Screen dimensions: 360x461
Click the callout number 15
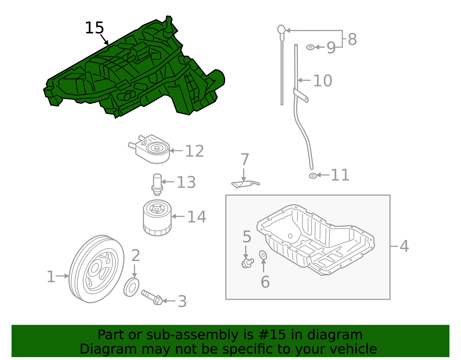pyautogui.click(x=94, y=28)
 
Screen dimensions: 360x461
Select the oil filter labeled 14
pyautogui.click(x=157, y=218)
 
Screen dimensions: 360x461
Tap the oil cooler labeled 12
pyautogui.click(x=153, y=149)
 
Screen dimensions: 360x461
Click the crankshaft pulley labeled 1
pyautogui.click(x=97, y=269)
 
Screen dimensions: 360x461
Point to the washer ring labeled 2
pyautogui.click(x=131, y=287)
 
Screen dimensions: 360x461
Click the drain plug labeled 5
pyautogui.click(x=247, y=263)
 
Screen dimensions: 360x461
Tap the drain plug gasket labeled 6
pyautogui.click(x=263, y=255)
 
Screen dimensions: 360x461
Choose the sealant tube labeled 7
pyautogui.click(x=245, y=184)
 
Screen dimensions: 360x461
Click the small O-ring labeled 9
pyautogui.click(x=310, y=47)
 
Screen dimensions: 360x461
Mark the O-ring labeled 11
pyautogui.click(x=313, y=176)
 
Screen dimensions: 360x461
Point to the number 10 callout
pyautogui.click(x=322, y=81)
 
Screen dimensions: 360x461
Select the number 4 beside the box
pyautogui.click(x=404, y=246)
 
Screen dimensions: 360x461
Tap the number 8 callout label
pyautogui.click(x=352, y=39)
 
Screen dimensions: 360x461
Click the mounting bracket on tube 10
pyautogui.click(x=301, y=95)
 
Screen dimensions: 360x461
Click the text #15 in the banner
pyautogui.click(x=272, y=335)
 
